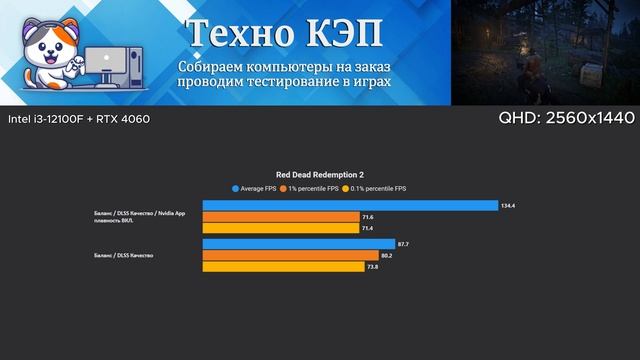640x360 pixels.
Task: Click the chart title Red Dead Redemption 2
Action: pyautogui.click(x=320, y=172)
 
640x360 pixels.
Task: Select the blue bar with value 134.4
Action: pyautogui.click(x=350, y=206)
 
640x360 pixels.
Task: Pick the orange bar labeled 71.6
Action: pyautogui.click(x=280, y=217)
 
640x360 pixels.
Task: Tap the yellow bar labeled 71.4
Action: pyautogui.click(x=279, y=228)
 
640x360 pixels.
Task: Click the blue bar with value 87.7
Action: pyautogui.click(x=299, y=244)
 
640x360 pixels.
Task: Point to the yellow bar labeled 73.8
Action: pyautogui.click(x=283, y=267)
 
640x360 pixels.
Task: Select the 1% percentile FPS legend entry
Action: pyautogui.click(x=311, y=188)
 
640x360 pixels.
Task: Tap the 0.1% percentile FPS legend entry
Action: pyautogui.click(x=376, y=188)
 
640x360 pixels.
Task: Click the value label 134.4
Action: pyautogui.click(x=507, y=206)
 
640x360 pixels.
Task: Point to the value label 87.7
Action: pyautogui.click(x=403, y=244)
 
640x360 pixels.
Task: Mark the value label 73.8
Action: pyautogui.click(x=373, y=267)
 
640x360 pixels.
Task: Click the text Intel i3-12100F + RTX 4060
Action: pyautogui.click(x=65, y=119)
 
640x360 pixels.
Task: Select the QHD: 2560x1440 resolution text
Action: pyautogui.click(x=565, y=119)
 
